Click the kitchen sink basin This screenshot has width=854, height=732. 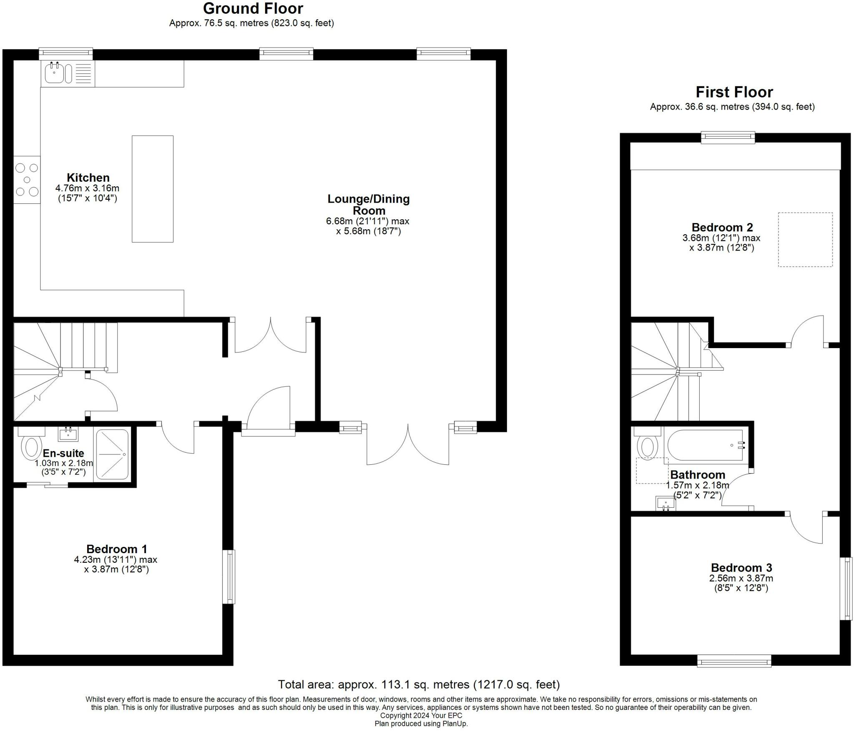54,73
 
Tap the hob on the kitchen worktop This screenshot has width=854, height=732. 27,180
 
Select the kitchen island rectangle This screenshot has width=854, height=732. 153,189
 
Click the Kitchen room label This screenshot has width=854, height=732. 88,178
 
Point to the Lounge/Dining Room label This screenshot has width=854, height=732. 369,204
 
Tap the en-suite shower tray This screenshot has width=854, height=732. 112,454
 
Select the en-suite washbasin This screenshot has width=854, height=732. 68,434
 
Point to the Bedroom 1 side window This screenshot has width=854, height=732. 229,577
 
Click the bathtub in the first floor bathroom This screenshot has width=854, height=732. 705,445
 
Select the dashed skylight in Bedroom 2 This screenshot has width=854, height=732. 805,240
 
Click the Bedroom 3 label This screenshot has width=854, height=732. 741,568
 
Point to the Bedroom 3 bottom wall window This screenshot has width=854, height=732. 734,661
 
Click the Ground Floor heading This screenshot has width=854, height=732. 253,8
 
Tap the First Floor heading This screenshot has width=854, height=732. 734,92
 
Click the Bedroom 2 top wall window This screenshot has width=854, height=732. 728,138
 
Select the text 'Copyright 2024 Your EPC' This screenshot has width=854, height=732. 421,716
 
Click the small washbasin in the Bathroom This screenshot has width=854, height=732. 666,503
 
